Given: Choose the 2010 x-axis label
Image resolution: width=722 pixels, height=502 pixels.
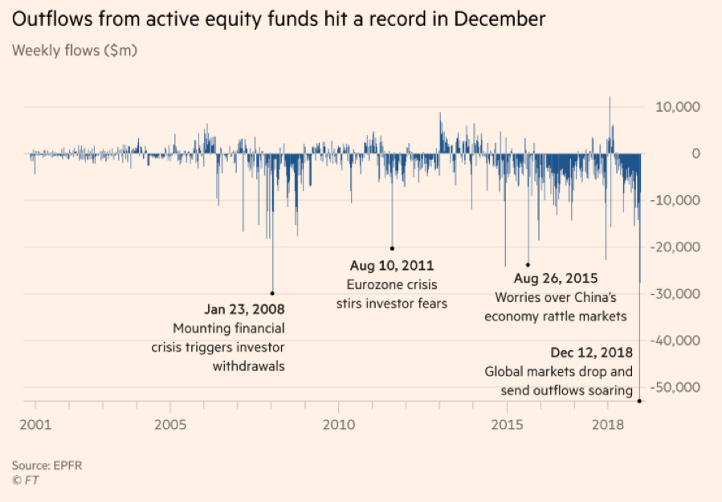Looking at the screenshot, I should pyautogui.click(x=338, y=423).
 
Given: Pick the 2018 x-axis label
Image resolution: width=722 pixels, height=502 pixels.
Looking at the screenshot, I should pyautogui.click(x=606, y=423).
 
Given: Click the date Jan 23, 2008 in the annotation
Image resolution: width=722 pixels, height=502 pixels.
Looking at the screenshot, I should pyautogui.click(x=244, y=308).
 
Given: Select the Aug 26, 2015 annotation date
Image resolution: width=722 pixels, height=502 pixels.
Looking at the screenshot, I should pyautogui.click(x=555, y=280).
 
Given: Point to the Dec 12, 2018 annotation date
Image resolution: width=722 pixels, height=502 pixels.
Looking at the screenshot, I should pyautogui.click(x=592, y=353).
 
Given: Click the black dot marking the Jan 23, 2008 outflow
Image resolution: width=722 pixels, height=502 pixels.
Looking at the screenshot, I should pyautogui.click(x=272, y=293).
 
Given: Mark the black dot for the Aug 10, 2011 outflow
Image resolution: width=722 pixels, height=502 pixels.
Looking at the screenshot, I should pyautogui.click(x=393, y=248).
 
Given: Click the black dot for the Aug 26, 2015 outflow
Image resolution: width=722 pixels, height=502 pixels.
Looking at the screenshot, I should pyautogui.click(x=528, y=264).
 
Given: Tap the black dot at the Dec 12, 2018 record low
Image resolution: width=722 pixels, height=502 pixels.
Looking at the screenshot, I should pyautogui.click(x=639, y=401).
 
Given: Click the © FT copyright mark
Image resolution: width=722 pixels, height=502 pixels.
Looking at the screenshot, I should pyautogui.click(x=25, y=480).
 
